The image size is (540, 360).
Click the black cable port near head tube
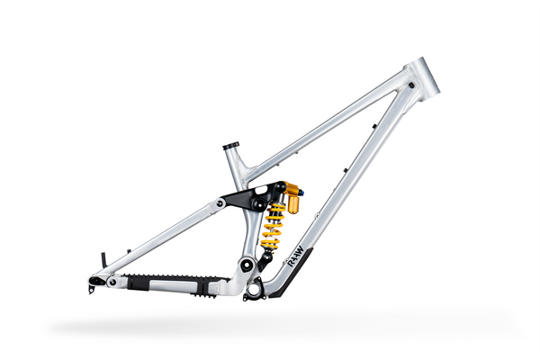[x=409, y=85]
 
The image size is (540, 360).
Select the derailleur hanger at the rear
[x=93, y=289]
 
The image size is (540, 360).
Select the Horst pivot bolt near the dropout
[x=112, y=282]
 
